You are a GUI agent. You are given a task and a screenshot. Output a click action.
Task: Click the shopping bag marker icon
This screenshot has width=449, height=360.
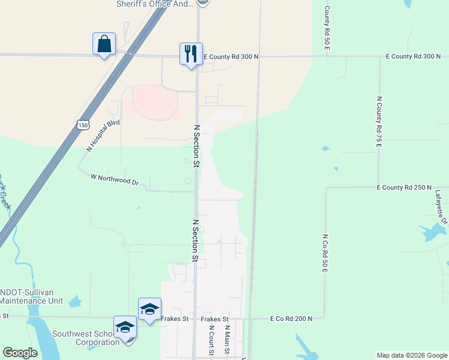(x=104, y=44)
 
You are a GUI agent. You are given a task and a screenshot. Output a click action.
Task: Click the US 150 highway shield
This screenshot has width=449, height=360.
(x=83, y=124)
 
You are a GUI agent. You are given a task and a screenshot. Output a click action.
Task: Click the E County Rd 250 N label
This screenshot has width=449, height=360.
(x=404, y=188)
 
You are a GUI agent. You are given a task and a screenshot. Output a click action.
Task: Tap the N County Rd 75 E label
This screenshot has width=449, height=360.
(x=379, y=122)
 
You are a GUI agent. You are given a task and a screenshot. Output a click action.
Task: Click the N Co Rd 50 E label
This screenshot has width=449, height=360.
(x=325, y=254)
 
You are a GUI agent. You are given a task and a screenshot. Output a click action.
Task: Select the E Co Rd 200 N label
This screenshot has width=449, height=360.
(x=291, y=319)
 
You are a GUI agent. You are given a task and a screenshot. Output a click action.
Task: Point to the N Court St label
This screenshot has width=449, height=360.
(x=211, y=340)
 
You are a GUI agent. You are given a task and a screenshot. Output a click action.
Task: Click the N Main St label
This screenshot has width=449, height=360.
(x=228, y=340)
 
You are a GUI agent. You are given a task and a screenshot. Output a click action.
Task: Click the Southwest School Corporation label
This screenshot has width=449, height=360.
(x=86, y=338)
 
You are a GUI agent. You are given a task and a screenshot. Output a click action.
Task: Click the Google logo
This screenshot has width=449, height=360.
(x=20, y=353)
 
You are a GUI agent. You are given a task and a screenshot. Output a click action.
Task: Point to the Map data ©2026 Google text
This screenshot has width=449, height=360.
(x=411, y=355)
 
